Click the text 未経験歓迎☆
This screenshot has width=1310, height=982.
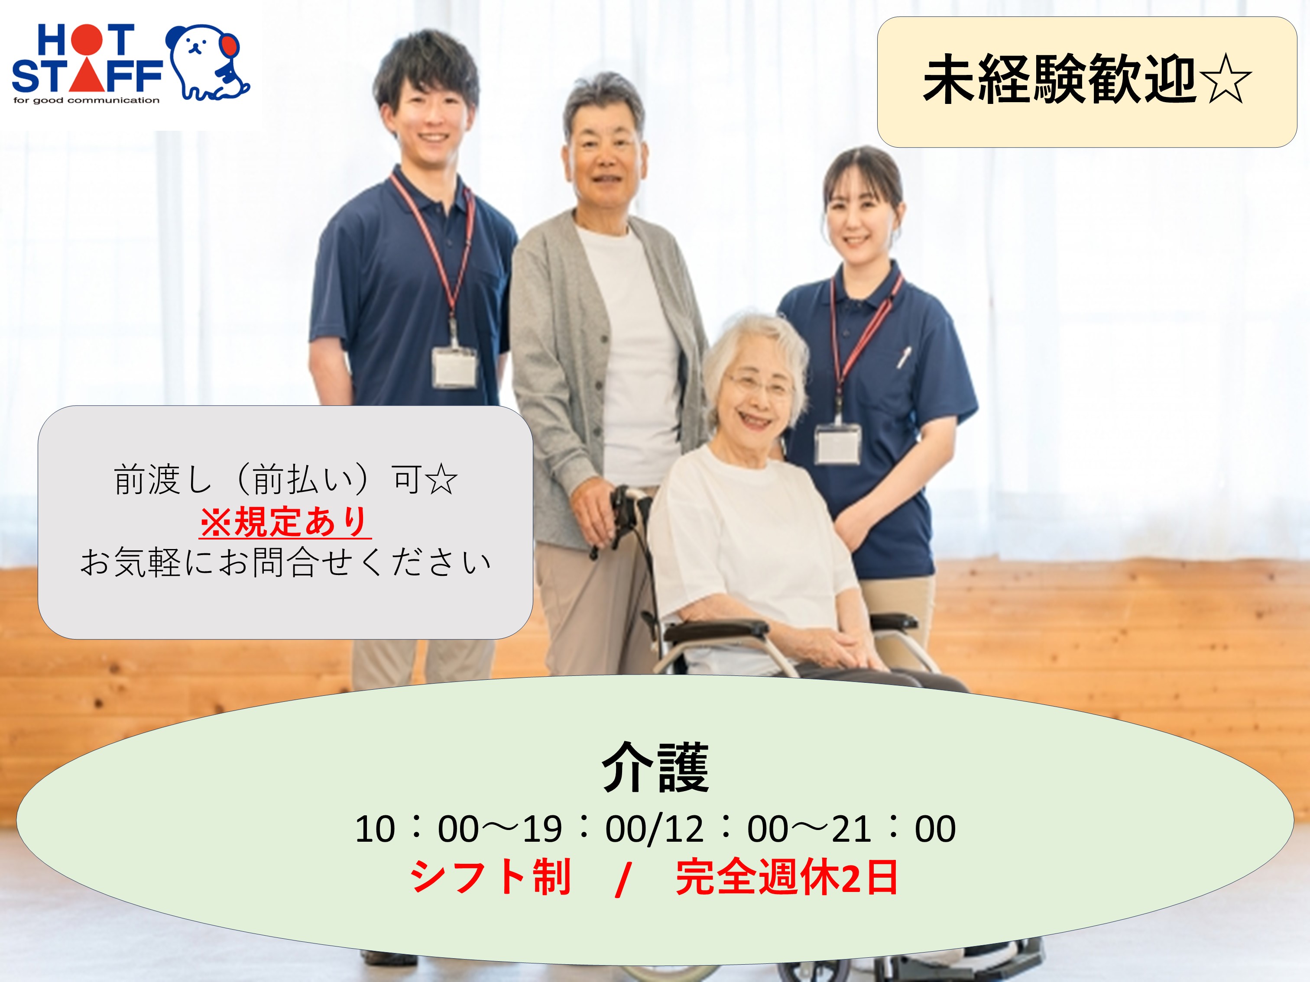point(1087,81)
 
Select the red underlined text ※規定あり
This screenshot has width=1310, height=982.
point(285,521)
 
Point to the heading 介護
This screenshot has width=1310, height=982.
point(655,767)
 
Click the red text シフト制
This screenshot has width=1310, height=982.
point(490,877)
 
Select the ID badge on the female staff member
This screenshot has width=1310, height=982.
point(837,443)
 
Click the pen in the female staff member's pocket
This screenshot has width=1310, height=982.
point(904,356)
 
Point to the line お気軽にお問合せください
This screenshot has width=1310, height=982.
point(286,562)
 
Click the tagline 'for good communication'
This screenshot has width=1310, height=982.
point(87,100)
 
